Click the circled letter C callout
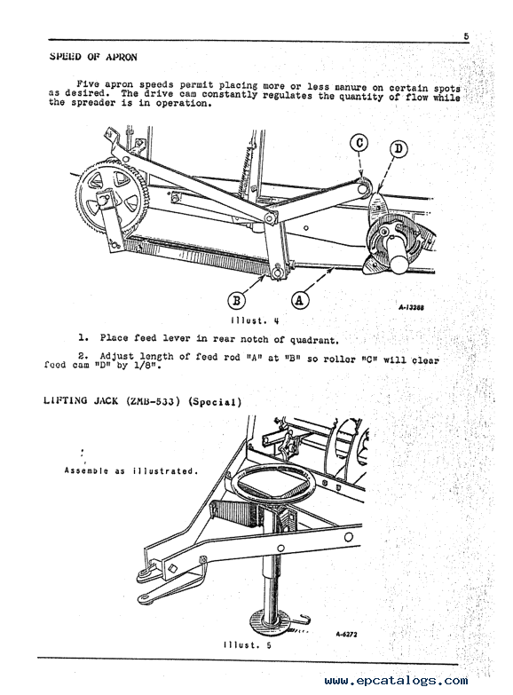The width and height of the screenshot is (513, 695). [359, 143]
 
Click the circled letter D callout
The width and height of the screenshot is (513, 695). [399, 148]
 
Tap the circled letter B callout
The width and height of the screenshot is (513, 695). [237, 301]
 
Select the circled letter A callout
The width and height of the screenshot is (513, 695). [300, 301]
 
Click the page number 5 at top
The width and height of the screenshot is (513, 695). [467, 36]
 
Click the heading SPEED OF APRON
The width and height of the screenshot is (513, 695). [93, 57]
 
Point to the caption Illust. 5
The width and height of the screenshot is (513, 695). [248, 645]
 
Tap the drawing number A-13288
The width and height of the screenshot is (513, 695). [411, 308]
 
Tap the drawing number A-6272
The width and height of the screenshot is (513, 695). [346, 635]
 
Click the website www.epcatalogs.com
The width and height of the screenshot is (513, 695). [396, 681]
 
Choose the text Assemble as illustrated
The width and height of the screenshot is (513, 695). [130, 470]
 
